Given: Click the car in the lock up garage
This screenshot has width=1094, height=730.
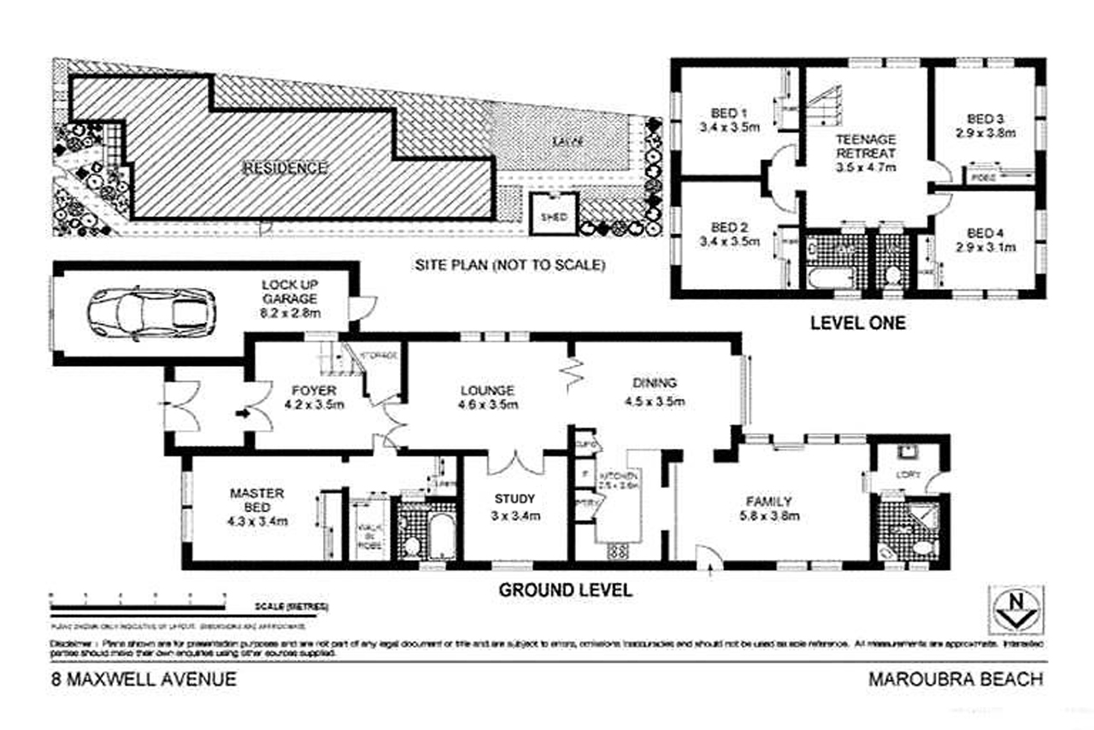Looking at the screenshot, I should coord(151,313).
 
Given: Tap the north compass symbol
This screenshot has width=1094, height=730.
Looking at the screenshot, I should coord(1015,609).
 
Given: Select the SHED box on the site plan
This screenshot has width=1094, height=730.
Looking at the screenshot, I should coord(553,215).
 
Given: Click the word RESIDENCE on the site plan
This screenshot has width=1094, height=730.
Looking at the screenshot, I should coord(286,167).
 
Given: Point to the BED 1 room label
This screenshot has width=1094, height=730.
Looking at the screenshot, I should coord(729,112).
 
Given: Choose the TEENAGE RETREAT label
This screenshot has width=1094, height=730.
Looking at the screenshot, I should coord(866,145).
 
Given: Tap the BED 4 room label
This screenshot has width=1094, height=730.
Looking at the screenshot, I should coord(985,233).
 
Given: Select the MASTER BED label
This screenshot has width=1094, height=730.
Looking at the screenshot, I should coord(257,499).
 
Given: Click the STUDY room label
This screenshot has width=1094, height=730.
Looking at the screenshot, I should coord(515,499).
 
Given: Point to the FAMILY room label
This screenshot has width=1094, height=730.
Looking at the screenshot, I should coord(768,502).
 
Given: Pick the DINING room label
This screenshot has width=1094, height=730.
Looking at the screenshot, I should coord(656,383).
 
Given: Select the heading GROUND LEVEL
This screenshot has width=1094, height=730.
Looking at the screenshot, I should coord(565,589).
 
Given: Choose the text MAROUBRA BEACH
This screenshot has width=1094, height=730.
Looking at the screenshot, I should coord(956,680).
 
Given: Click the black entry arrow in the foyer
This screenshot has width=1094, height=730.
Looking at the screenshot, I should coord(242,414).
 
